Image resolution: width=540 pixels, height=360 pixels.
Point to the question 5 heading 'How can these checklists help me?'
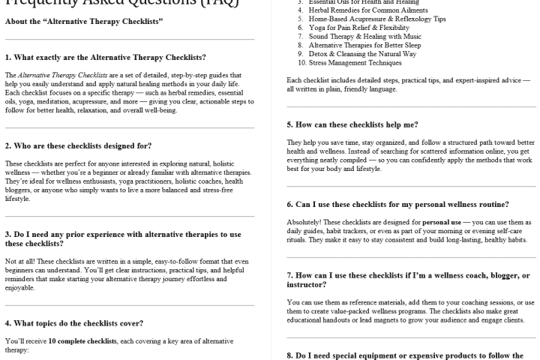(352, 124)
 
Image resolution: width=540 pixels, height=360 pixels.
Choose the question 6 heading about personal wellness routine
(398, 204)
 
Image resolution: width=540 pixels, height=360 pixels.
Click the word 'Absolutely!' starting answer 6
(305, 223)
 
